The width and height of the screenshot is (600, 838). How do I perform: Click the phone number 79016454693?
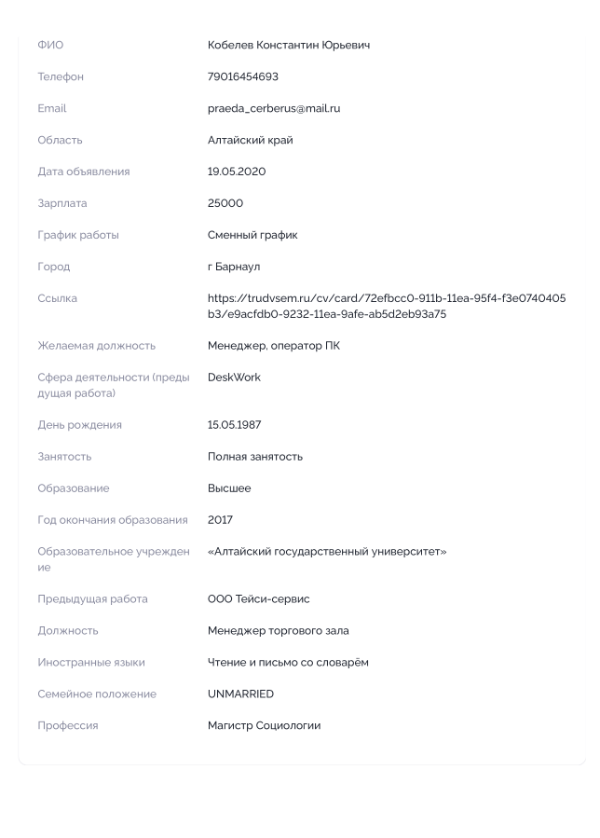pos(242,76)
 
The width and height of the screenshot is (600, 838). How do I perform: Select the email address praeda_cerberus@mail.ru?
pos(274,108)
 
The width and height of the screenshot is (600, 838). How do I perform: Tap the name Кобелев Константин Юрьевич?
pos(289,45)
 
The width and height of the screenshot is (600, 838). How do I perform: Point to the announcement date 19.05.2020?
pos(237,172)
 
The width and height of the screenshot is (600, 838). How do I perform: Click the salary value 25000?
pos(226,203)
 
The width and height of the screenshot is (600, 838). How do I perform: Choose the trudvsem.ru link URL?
pos(386,306)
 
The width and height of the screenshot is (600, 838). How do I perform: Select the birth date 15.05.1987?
pos(234,425)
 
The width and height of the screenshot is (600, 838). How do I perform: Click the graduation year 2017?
pos(221,520)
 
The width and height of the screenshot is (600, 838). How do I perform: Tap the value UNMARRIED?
pos(240,694)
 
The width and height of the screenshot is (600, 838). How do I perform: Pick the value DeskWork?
pos(234,378)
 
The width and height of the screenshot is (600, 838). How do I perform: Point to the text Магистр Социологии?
pos(264,725)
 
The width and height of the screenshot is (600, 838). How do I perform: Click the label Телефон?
pos(61,76)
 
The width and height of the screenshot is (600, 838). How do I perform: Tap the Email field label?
pos(52,108)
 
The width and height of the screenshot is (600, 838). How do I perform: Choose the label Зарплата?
pos(62,203)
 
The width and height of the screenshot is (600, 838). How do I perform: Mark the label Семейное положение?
pos(97,694)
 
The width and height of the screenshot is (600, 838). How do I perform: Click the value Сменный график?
pos(252,235)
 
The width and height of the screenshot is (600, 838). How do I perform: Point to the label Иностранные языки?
pos(91,662)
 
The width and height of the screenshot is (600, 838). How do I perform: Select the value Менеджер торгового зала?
pos(278,630)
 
